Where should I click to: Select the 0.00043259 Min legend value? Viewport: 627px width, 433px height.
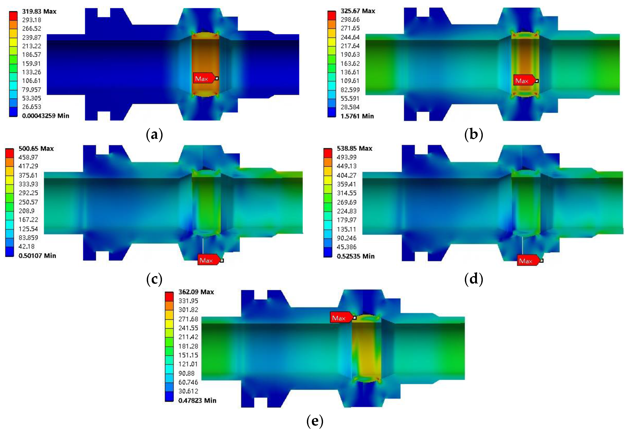[46, 116]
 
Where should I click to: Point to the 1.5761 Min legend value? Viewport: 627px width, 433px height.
[357, 116]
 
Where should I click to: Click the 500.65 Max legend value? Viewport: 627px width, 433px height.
[36, 148]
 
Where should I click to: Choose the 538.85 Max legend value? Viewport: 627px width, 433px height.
[355, 148]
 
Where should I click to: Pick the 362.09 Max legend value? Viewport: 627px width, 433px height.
[196, 292]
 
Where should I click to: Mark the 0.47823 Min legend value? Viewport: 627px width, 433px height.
[197, 400]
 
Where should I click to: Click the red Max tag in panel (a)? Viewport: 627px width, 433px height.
[204, 78]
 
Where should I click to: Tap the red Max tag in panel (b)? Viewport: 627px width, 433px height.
[524, 80]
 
